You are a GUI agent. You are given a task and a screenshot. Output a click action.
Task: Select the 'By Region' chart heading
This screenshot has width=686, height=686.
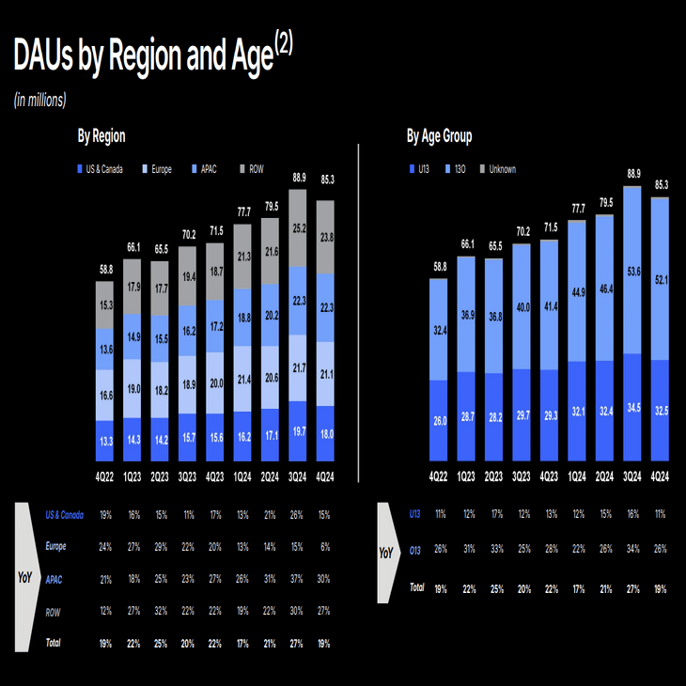pos(101,136)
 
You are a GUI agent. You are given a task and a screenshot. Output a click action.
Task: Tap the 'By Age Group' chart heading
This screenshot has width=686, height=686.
pos(439,136)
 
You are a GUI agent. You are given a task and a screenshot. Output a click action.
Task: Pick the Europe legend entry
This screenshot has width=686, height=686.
pos(155,169)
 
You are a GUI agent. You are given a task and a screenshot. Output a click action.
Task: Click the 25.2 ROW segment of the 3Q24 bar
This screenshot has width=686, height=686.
pos(299,227)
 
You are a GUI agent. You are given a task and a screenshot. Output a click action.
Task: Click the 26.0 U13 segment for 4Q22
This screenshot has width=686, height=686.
pos(439,422)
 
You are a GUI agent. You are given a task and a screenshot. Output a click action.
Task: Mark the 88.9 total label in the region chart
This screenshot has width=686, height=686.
pos(299,178)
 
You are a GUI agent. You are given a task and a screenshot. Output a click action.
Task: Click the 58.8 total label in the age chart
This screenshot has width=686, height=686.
pos(439,267)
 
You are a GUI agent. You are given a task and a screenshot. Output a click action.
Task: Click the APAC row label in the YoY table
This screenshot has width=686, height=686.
pos(57,580)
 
